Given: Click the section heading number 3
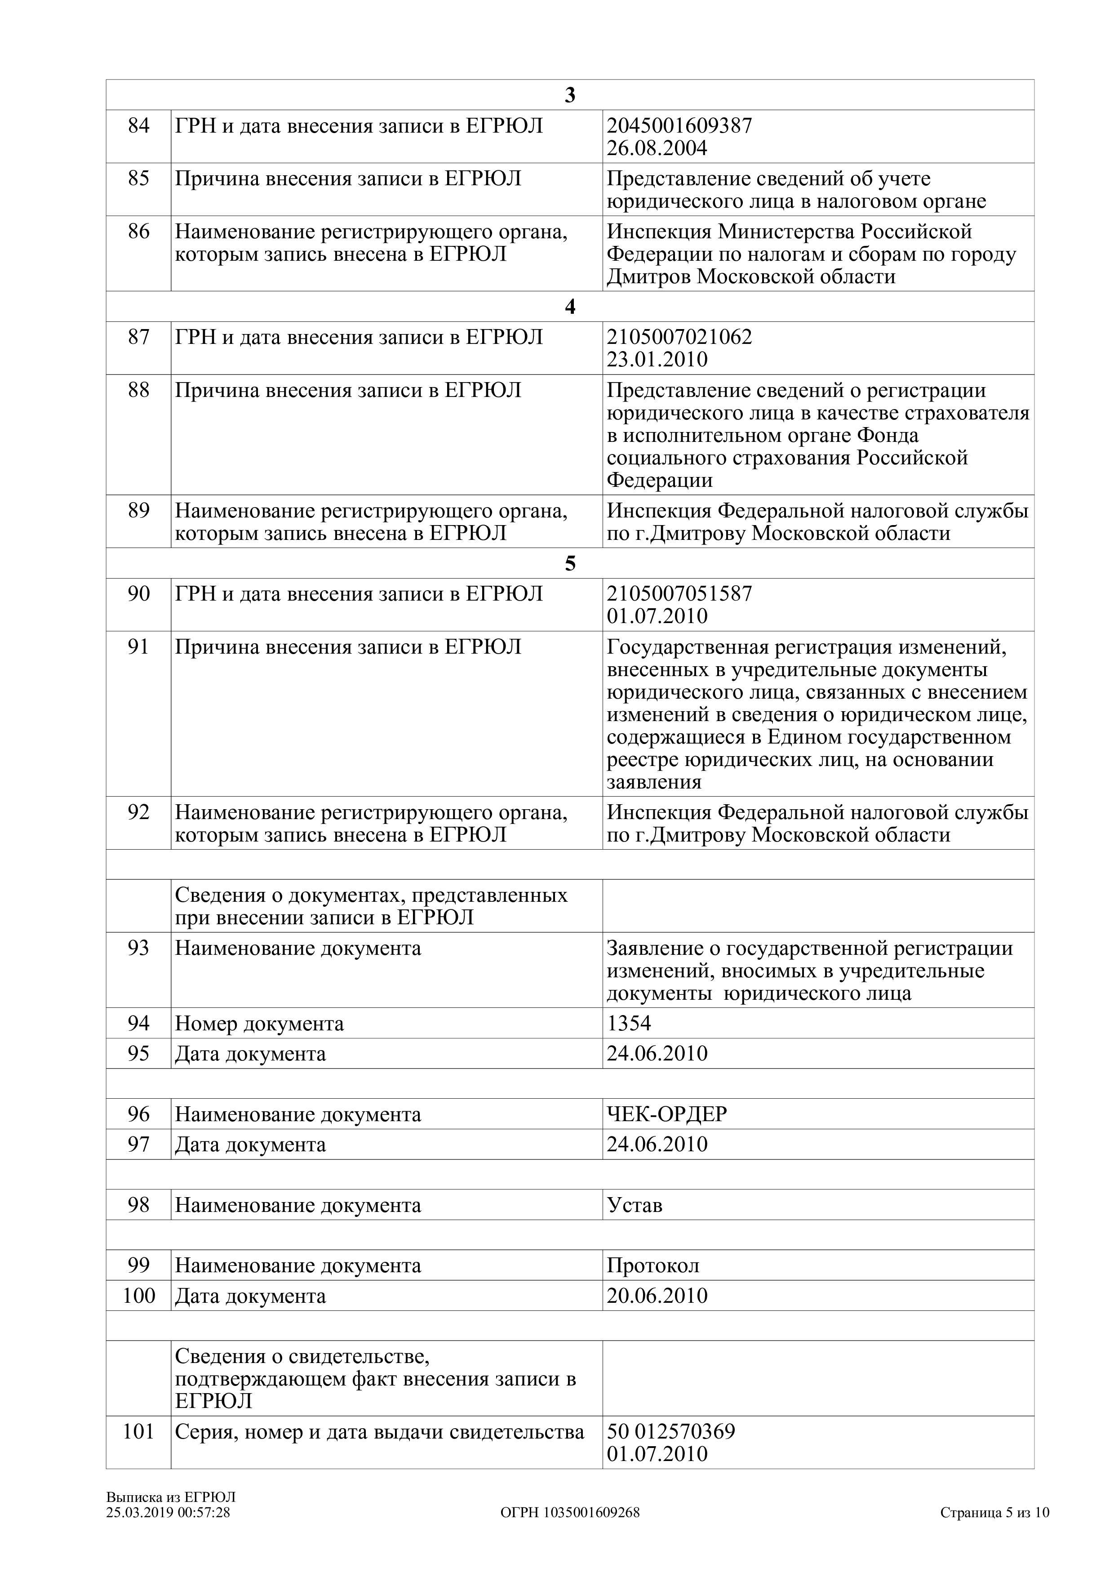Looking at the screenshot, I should (570, 95).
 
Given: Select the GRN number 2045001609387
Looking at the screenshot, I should (679, 126).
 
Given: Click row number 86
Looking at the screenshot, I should (139, 232).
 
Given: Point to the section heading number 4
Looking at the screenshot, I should (570, 307).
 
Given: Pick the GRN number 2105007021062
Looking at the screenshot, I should (679, 337).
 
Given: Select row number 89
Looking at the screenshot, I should (139, 511).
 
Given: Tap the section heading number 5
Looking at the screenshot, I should (570, 564).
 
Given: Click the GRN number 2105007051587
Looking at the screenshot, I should (679, 593).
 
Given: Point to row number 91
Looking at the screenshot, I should (139, 647).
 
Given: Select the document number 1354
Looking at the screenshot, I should (629, 1024).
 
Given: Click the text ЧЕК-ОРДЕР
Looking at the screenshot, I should (666, 1114).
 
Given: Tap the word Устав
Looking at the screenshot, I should (634, 1205).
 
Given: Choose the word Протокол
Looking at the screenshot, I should (653, 1265).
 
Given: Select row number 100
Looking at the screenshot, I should (139, 1296).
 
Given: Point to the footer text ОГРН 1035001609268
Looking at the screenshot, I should (570, 1512).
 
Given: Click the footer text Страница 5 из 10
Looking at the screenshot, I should (994, 1512).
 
